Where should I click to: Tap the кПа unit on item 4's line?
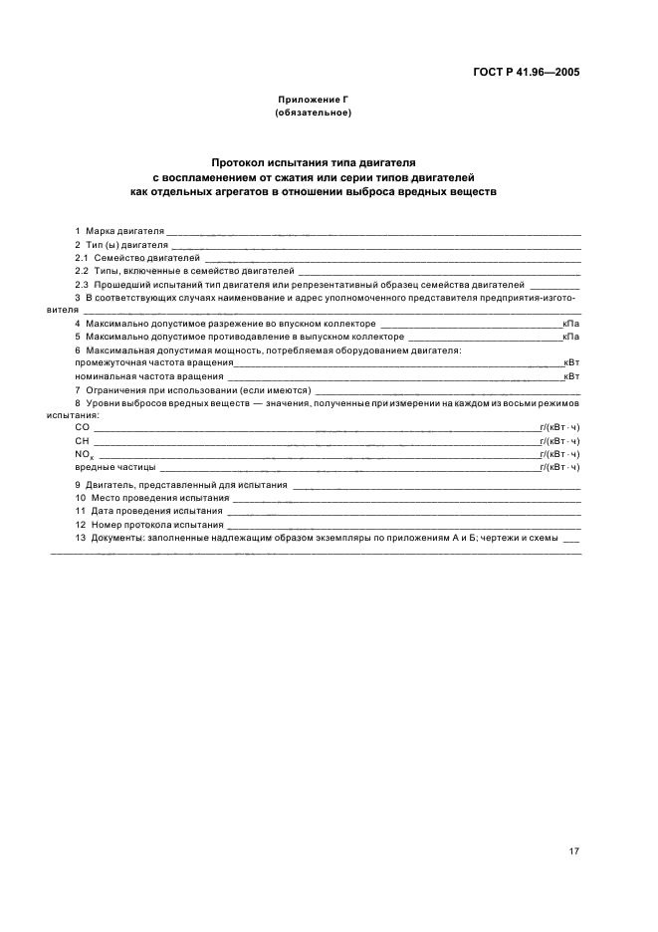pyautogui.click(x=571, y=324)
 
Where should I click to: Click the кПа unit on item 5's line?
pyautogui.click(x=571, y=337)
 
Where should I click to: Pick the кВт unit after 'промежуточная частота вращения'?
pyautogui.click(x=571, y=363)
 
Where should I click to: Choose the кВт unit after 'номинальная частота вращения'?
pyautogui.click(x=571, y=376)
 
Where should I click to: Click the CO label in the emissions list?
pyautogui.click(x=82, y=426)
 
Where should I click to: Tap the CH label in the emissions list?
pyautogui.click(x=82, y=439)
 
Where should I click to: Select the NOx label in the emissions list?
pyautogui.click(x=84, y=453)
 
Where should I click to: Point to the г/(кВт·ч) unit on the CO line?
pyautogui.click(x=559, y=426)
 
